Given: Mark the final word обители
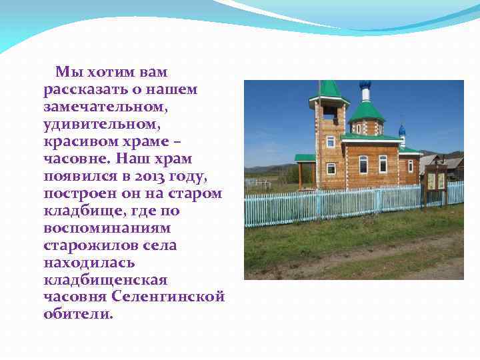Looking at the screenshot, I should tap(78, 314).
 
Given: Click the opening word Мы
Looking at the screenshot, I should tap(67, 71).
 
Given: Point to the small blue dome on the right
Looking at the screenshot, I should tap(402, 129).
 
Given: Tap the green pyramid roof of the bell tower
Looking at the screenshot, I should tap(329, 90).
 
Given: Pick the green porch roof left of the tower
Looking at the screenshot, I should tap(305, 158).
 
